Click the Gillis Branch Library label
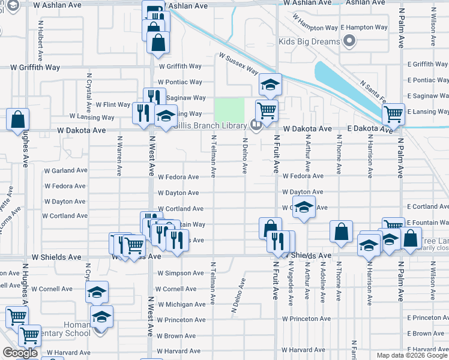click(x=209, y=125)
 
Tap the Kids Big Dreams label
click(x=309, y=42)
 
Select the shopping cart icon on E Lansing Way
click(x=394, y=112)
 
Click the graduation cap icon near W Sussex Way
click(x=271, y=85)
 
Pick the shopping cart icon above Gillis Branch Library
click(x=266, y=110)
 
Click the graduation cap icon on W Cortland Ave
click(x=304, y=207)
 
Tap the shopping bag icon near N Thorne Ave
click(x=341, y=232)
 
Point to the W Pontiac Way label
click(x=180, y=82)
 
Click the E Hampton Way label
click(x=364, y=28)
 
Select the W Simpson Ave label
click(x=180, y=273)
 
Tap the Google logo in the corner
click(x=20, y=353)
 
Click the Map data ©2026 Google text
click(x=412, y=355)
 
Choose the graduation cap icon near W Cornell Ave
click(x=97, y=292)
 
